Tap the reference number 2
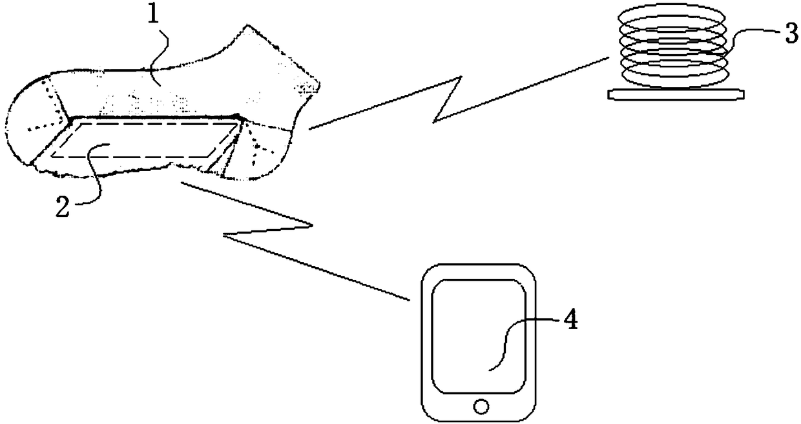(x=62, y=208)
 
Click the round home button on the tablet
(x=479, y=407)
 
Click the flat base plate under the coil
(x=676, y=94)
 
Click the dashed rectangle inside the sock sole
(x=136, y=141)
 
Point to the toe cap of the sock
(x=32, y=123)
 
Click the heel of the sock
(x=271, y=148)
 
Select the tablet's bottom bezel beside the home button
(x=446, y=407)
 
